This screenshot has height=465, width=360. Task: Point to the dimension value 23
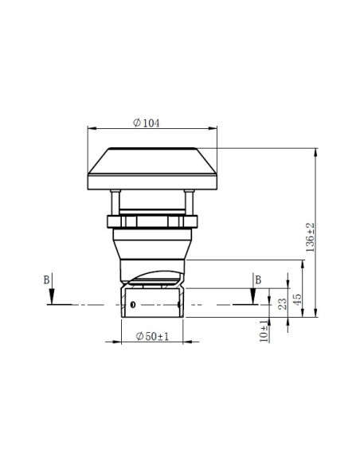(281, 303)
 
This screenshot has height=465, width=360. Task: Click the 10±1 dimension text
(264, 328)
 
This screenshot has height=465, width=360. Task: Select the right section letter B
(257, 279)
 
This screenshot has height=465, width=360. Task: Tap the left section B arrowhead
(51, 300)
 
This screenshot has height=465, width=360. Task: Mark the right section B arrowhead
(252, 300)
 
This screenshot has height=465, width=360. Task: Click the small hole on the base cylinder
(133, 305)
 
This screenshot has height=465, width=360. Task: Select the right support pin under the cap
(189, 201)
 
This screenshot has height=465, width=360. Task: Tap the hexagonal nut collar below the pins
(152, 221)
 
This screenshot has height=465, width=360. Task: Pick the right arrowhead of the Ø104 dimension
(214, 127)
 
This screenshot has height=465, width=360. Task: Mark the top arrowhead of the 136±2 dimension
(317, 152)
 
